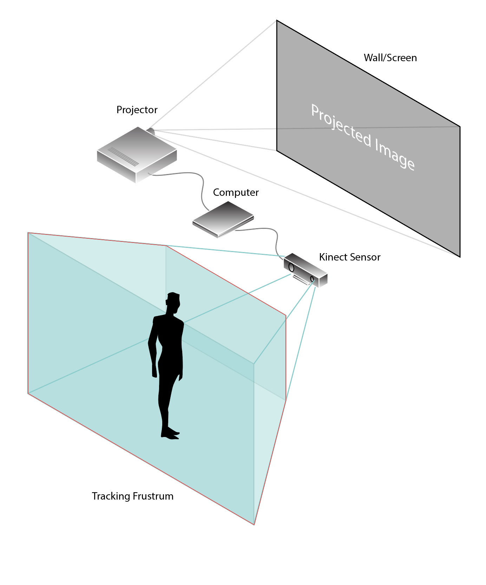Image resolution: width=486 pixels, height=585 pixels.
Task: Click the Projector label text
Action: click(x=137, y=110)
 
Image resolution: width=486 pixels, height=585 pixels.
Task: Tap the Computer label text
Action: click(x=236, y=193)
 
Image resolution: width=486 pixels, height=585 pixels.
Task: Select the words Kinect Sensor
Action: click(x=349, y=257)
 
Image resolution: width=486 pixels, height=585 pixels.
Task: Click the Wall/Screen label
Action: click(x=390, y=58)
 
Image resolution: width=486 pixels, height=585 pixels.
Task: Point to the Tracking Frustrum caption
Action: click(x=132, y=496)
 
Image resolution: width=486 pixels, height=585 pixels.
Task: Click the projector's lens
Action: click(x=151, y=131)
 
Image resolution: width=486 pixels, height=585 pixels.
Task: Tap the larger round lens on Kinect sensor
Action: click(x=291, y=267)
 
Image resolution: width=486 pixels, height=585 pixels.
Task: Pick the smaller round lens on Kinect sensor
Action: click(x=312, y=279)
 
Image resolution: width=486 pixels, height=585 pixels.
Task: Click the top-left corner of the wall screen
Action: click(x=277, y=21)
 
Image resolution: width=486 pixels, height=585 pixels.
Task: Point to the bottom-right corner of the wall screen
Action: click(x=459, y=256)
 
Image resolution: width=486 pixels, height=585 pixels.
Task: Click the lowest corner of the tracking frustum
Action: click(x=254, y=524)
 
